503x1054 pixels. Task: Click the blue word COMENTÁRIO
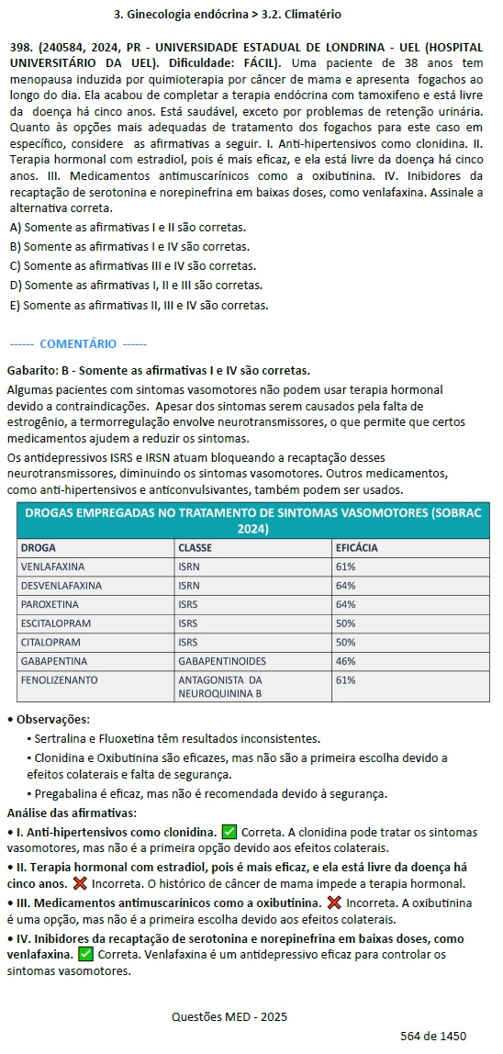pyautogui.click(x=78, y=343)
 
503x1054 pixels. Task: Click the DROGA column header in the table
pyautogui.click(x=39, y=548)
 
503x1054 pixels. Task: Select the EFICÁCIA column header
pyautogui.click(x=357, y=548)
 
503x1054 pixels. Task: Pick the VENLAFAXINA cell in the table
pyautogui.click(x=52, y=566)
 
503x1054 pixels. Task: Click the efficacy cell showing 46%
pyautogui.click(x=346, y=661)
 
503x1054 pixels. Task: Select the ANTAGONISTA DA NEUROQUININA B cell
pyautogui.click(x=220, y=687)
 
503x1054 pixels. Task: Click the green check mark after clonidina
pyautogui.click(x=229, y=833)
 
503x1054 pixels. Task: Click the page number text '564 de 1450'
pyautogui.click(x=433, y=1036)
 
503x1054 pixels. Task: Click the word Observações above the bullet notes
pyautogui.click(x=52, y=719)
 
